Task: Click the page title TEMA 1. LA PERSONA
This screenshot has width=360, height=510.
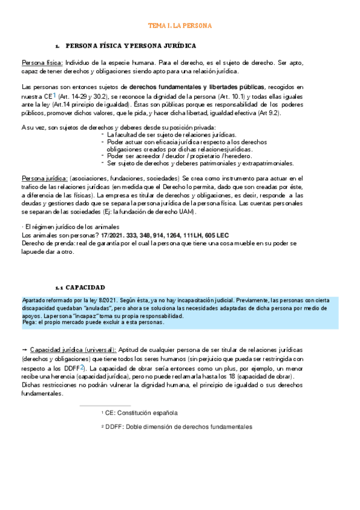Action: [x=180, y=26]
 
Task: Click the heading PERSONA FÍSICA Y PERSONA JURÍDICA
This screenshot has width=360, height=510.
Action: [x=130, y=46]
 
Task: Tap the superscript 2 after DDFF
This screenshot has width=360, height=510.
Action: [x=82, y=366]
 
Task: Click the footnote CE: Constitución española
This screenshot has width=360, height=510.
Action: [x=140, y=413]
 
